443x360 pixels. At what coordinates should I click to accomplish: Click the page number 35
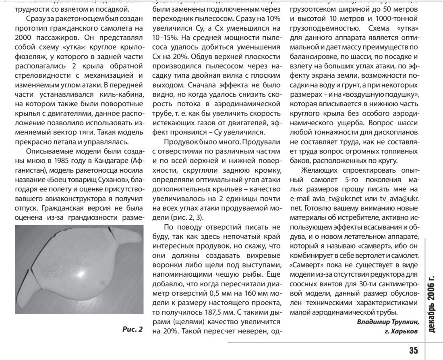pyautogui.click(x=414, y=349)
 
